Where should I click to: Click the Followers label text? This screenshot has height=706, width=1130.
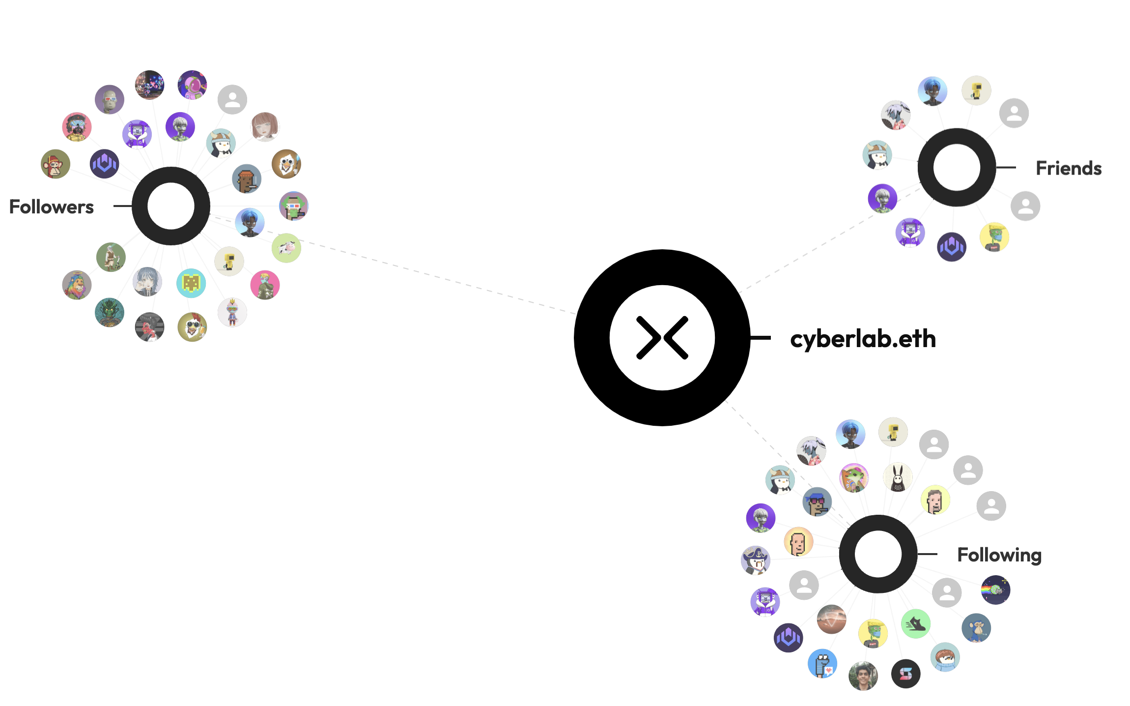52,207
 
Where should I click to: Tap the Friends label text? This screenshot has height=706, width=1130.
1068,168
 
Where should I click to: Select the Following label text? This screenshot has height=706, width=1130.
999,555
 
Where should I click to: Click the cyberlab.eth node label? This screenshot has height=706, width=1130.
863,339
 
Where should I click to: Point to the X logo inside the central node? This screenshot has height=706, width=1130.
662,338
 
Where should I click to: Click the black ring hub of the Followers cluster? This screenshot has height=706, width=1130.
171,206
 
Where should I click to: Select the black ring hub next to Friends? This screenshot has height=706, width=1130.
956,168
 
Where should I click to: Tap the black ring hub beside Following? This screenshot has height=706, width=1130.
878,554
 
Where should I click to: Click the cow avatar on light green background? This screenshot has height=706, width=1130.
286,248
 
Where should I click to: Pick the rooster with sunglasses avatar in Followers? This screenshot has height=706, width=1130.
192,327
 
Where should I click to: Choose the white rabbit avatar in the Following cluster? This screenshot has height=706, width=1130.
898,477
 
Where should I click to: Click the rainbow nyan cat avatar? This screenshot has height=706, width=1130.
995,589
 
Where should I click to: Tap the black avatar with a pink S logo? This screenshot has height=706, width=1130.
905,674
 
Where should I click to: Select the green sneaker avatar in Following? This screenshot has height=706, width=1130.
915,624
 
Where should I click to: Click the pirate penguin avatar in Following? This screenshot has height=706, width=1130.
755,560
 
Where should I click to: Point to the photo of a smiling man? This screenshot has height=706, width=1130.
863,676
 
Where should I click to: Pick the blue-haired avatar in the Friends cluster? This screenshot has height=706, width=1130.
932,91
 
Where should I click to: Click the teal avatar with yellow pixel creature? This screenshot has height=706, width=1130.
191,283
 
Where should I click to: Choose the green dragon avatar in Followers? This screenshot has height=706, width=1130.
109,312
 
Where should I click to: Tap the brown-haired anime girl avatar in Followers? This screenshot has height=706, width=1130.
265,126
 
